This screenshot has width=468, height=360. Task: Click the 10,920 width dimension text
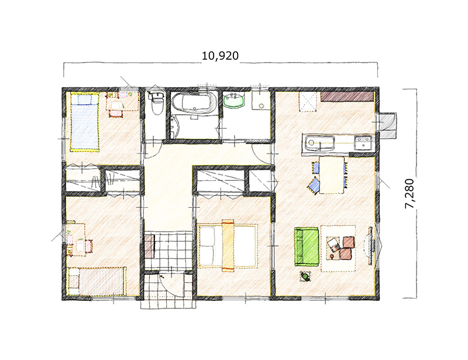[x=221, y=56]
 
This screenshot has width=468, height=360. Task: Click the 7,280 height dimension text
[x=409, y=194]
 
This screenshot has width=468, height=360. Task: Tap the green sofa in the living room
[x=307, y=246]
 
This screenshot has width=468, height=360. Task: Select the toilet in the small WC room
[x=157, y=102]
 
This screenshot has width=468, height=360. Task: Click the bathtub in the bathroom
[x=195, y=103]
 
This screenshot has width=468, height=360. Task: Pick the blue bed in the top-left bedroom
[x=84, y=122]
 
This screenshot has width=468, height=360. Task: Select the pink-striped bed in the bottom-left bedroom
[x=97, y=281]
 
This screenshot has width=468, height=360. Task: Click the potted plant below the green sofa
[x=305, y=276]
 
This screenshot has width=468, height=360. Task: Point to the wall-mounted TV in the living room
[x=370, y=246]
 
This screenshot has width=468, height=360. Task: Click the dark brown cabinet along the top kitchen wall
[x=347, y=97]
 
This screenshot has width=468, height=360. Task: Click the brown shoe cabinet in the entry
[x=150, y=246]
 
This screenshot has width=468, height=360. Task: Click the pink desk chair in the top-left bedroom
[x=115, y=114]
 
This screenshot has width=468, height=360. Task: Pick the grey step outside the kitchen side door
[x=387, y=125]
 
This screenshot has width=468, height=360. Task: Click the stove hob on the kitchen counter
[x=363, y=142]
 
